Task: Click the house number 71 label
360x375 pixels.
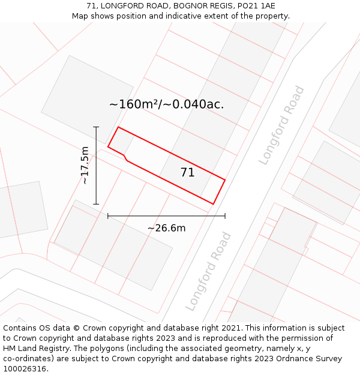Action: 187,173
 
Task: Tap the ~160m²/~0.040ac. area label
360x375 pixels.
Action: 166,104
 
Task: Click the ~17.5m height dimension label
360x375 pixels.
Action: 85,165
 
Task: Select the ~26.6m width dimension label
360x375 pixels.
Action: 166,228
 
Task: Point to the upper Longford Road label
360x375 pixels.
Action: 281,125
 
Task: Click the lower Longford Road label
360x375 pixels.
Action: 208,271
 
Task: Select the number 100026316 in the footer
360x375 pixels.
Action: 26,369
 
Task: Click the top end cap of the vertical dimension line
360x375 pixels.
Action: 96,127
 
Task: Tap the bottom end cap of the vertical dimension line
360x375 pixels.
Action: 96,204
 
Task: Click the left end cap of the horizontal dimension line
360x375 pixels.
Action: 108,216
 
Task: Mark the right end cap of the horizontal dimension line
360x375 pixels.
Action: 225,216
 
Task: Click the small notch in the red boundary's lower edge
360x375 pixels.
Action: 125,157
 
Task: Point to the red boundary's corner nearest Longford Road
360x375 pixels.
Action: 225,179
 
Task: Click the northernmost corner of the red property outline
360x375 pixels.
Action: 118,127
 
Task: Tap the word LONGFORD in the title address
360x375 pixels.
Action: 122,6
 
